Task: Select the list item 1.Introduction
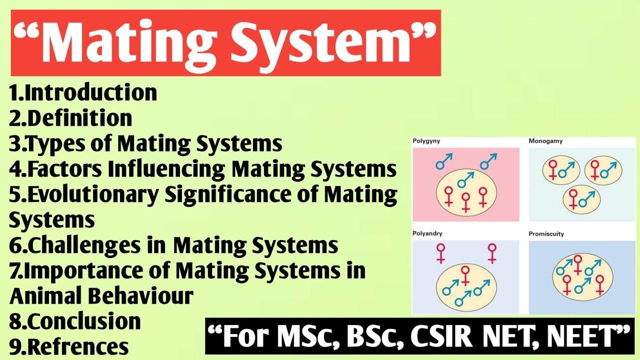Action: pyautogui.click(x=83, y=92)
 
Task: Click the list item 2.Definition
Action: pyautogui.click(x=70, y=118)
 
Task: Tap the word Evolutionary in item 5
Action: pyautogui.click(x=92, y=195)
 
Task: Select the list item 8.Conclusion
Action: pyautogui.click(x=75, y=321)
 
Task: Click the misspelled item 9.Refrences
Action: pyautogui.click(x=69, y=346)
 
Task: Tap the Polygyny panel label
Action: pyautogui.click(x=426, y=141)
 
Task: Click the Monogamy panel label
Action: pyautogui.click(x=545, y=141)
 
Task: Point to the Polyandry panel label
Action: pyautogui.click(x=427, y=233)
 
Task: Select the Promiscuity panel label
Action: pyautogui.click(x=546, y=233)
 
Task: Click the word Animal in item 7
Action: pyautogui.click(x=46, y=296)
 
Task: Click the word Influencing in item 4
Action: pyautogui.click(x=167, y=169)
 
